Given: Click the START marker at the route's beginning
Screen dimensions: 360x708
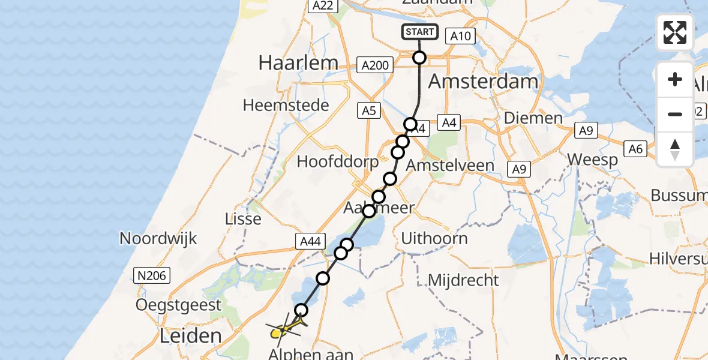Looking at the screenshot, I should pyautogui.click(x=419, y=32).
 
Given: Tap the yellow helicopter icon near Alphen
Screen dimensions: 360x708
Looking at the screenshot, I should pyautogui.click(x=283, y=329).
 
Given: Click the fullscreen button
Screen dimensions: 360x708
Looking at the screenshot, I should pyautogui.click(x=675, y=32).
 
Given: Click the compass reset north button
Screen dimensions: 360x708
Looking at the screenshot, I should pyautogui.click(x=675, y=149).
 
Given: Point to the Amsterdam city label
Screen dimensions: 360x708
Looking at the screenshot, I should pyautogui.click(x=482, y=81).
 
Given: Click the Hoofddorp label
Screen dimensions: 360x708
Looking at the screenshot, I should pyautogui.click(x=338, y=161).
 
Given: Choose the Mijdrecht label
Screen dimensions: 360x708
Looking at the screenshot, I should pyautogui.click(x=464, y=280).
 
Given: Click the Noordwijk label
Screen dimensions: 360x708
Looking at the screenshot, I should pyautogui.click(x=158, y=238).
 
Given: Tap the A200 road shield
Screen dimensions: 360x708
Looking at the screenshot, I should pyautogui.click(x=376, y=65).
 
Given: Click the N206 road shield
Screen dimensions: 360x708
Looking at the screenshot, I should pyautogui.click(x=151, y=275).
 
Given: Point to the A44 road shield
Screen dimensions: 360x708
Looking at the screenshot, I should pyautogui.click(x=311, y=241).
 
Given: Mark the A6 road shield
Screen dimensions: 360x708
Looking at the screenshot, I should pyautogui.click(x=636, y=149).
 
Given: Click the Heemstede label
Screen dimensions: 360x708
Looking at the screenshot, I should pyautogui.click(x=286, y=106).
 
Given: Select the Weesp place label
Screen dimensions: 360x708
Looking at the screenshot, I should pyautogui.click(x=593, y=160).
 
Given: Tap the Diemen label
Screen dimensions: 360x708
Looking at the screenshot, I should pyautogui.click(x=533, y=118).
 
